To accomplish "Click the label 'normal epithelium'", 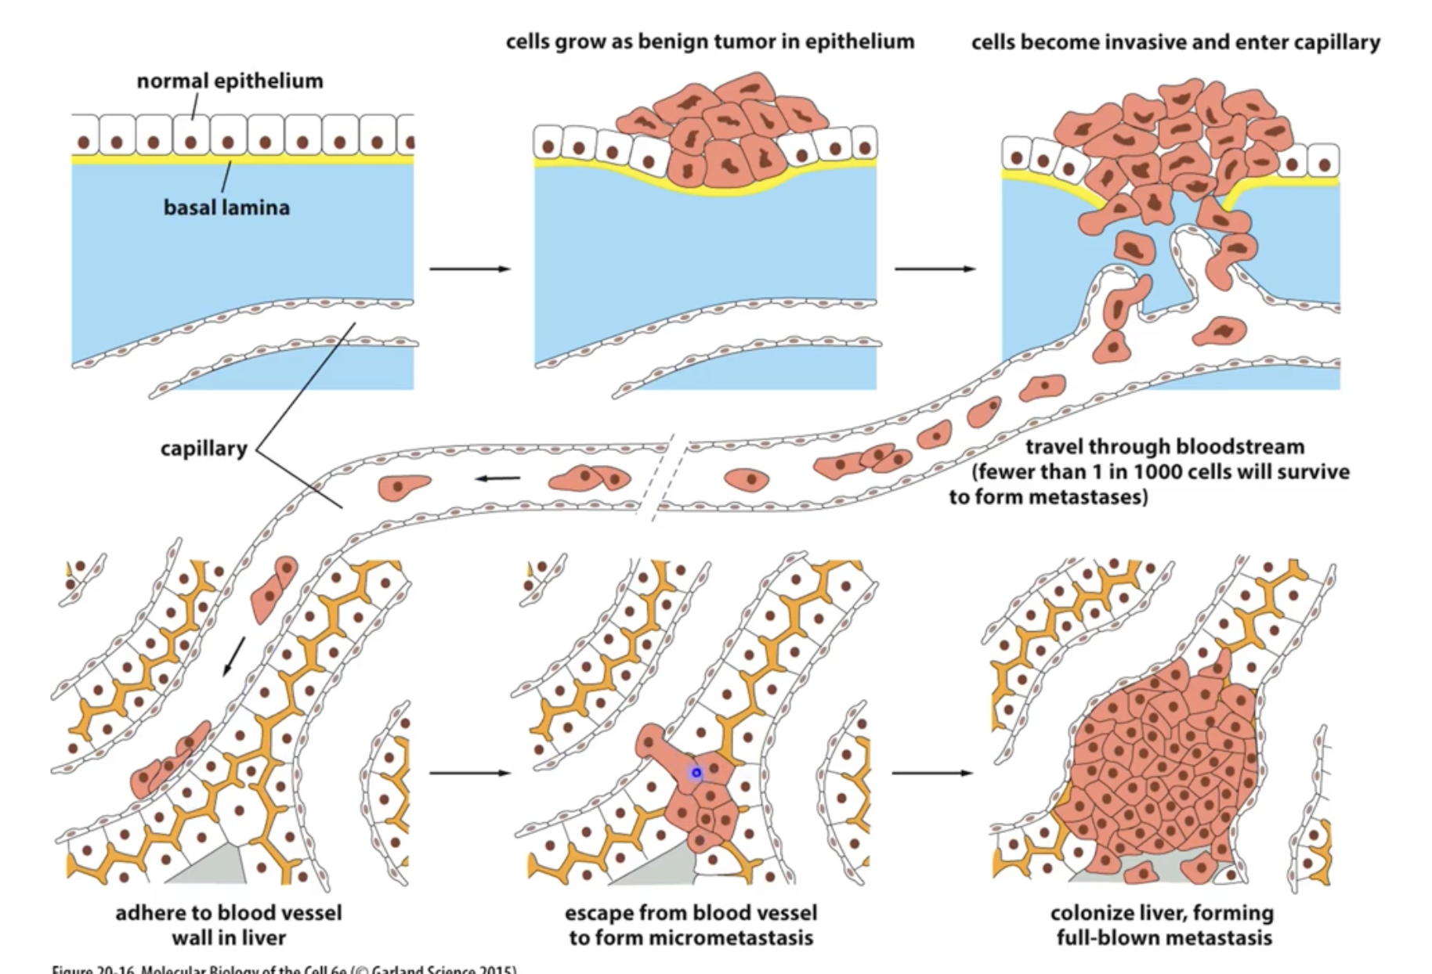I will tap(230, 81).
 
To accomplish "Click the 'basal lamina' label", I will tap(226, 207).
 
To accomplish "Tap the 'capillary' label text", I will tap(204, 449).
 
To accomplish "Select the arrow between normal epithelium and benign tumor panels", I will tap(469, 269).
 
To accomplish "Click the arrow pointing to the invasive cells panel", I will tap(935, 269).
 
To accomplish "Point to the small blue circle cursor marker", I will tap(696, 774).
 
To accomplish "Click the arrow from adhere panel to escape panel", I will tap(469, 774).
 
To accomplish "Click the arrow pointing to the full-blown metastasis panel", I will tap(931, 774).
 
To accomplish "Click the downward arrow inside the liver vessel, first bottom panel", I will tap(233, 656).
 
